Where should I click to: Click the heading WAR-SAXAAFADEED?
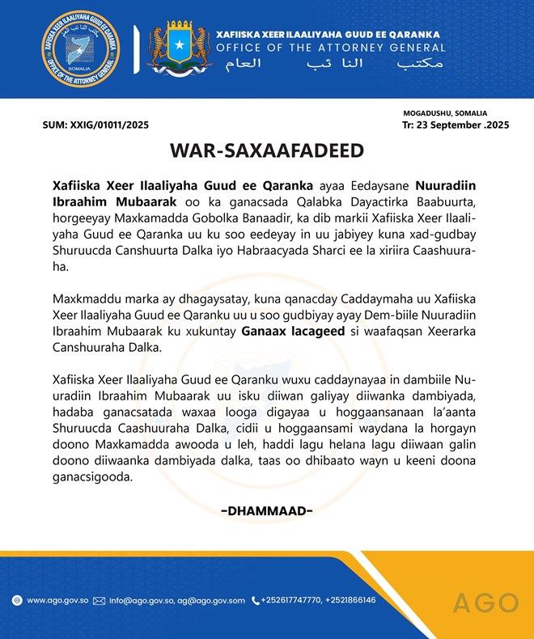(x=267, y=151)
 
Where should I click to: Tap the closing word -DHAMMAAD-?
(x=267, y=510)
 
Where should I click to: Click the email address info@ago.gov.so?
(x=134, y=600)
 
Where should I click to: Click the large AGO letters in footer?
(x=485, y=603)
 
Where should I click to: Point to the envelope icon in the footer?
(x=100, y=600)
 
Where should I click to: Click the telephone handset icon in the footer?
(x=255, y=600)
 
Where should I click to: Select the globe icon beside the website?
(x=17, y=600)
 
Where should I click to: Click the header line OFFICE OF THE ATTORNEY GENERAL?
(x=331, y=48)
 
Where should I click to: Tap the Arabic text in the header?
(x=331, y=63)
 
